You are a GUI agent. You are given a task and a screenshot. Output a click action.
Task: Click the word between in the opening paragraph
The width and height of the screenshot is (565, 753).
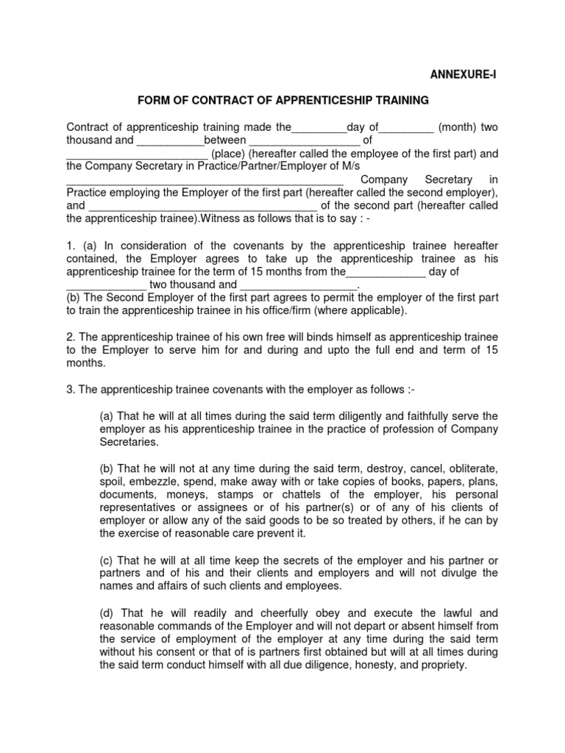point(224,140)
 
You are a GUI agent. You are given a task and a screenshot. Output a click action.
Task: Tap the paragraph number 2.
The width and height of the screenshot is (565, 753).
point(70,338)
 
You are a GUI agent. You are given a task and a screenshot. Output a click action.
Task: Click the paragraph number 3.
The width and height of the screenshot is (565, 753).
point(70,389)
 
